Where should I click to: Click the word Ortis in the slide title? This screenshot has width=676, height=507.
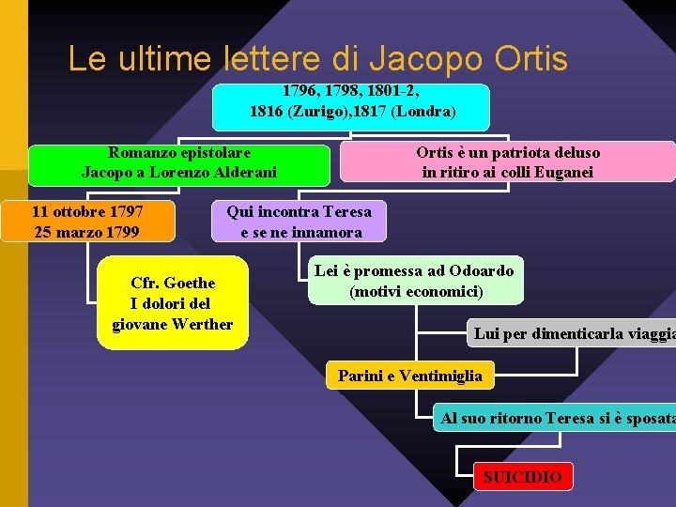click(x=532, y=59)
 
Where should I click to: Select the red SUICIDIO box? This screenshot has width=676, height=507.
click(x=522, y=477)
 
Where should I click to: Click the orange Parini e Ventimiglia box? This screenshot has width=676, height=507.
click(x=409, y=376)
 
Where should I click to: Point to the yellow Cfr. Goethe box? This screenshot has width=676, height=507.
click(x=173, y=303)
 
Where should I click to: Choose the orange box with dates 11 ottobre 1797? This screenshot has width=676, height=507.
click(x=87, y=222)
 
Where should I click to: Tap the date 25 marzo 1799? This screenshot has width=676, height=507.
click(x=86, y=232)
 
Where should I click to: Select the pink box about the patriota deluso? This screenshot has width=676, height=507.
click(x=507, y=161)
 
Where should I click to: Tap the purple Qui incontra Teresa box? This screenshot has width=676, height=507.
click(x=299, y=222)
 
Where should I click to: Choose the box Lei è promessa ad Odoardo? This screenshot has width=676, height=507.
click(x=414, y=282)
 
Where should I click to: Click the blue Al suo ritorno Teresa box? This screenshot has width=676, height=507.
click(x=555, y=418)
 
